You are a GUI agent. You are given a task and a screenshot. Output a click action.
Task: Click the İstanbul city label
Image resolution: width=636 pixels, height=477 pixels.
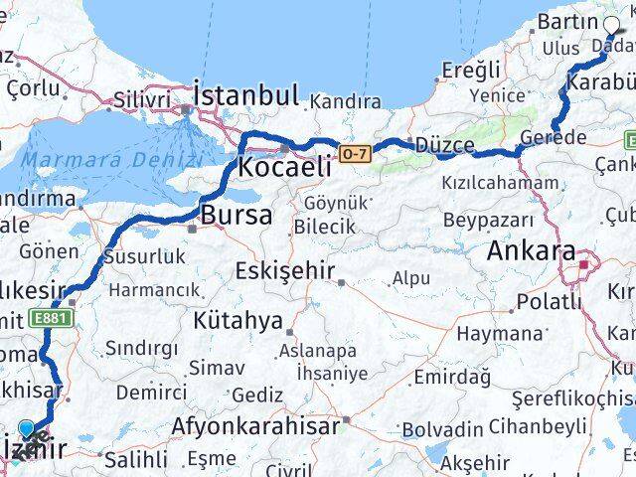click(x=246, y=95)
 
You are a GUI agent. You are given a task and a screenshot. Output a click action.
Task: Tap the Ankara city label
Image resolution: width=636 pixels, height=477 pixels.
click(x=531, y=251)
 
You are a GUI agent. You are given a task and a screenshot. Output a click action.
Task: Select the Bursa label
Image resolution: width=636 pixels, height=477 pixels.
click(x=237, y=214)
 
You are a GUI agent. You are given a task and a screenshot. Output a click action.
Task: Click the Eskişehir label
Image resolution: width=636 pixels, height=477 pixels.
click(x=285, y=270)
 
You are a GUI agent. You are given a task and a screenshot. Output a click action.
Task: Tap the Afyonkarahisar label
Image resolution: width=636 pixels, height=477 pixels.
click(x=255, y=426)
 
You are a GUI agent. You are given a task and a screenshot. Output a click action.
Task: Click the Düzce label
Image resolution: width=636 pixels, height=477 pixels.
click(x=444, y=145)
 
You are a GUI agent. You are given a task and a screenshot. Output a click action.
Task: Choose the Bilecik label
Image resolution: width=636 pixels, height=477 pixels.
click(x=324, y=227)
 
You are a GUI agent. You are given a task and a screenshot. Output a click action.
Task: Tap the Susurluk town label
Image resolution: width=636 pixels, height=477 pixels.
click(x=143, y=257)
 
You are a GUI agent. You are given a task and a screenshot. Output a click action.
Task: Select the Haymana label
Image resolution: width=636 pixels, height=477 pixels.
click(x=507, y=334)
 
